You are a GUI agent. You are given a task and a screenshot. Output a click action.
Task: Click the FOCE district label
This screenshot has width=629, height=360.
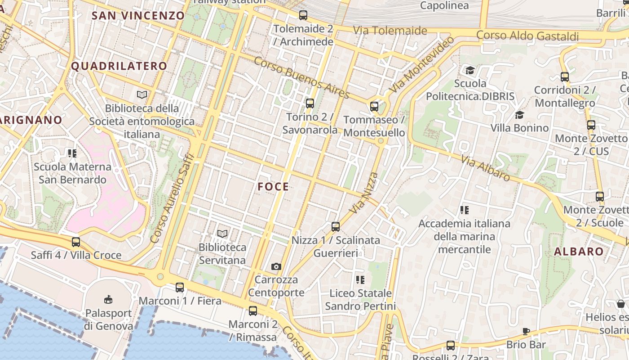tap(273, 187)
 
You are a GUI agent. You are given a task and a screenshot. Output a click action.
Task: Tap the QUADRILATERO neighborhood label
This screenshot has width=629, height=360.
tap(119, 66)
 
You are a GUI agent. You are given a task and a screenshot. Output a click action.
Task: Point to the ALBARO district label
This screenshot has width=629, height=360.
tap(579, 252)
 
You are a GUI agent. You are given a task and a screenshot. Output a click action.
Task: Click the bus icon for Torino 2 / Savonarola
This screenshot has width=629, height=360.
tap(310, 103)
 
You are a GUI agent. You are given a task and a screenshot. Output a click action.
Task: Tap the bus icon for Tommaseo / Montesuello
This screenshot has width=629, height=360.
tap(374, 107)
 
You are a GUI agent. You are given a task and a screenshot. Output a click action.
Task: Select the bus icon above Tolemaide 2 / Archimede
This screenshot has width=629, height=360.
tap(303, 15)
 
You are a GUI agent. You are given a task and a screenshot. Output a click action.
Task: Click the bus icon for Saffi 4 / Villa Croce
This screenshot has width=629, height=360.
tap(76, 242)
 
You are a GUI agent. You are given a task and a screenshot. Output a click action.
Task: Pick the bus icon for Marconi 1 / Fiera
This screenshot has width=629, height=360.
tap(180, 287)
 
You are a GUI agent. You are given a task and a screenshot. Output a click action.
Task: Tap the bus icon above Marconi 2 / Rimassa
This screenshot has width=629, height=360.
tap(253, 311)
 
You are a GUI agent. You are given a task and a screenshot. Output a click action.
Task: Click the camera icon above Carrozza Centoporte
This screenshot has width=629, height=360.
tap(276, 267)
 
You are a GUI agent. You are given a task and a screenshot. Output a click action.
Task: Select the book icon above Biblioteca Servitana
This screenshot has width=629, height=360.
tap(222, 234)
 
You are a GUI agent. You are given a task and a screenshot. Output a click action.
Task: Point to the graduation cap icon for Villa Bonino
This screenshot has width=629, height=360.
tap(519, 115)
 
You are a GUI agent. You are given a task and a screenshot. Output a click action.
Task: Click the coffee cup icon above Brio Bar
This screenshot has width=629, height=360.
tap(526, 332)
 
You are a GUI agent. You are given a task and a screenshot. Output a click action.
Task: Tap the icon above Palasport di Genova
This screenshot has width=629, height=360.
tap(108, 300)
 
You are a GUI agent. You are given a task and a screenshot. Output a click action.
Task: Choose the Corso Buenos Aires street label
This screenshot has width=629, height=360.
tap(301, 78)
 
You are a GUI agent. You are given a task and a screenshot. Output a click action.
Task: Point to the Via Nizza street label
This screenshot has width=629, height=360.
tap(363, 193)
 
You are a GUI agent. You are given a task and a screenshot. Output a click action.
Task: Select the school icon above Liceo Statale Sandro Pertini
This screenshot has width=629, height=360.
tap(360, 280)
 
